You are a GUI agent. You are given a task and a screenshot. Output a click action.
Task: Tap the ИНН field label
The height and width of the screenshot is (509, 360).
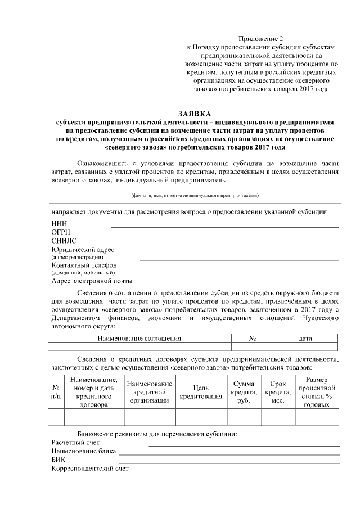pyautogui.click(x=59, y=223)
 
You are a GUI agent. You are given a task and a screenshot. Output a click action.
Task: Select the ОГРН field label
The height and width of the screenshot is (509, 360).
pyautogui.click(x=61, y=232)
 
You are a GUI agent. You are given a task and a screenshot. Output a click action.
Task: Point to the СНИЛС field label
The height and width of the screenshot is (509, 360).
pyautogui.click(x=64, y=240)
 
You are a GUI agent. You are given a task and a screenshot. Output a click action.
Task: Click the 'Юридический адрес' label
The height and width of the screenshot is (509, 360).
pyautogui.click(x=83, y=249)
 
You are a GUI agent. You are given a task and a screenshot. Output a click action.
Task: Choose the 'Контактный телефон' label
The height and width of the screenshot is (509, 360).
pyautogui.click(x=84, y=265)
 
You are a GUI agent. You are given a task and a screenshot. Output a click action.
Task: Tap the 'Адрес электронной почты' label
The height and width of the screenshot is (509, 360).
pyautogui.click(x=92, y=281)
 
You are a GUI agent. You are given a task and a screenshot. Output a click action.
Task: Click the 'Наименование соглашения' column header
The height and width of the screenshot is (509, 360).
pyautogui.click(x=139, y=339)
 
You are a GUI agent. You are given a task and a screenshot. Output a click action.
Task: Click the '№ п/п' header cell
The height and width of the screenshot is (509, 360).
pyautogui.click(x=56, y=392)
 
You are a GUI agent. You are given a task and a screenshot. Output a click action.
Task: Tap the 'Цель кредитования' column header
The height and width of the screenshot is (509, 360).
pyautogui.click(x=200, y=392)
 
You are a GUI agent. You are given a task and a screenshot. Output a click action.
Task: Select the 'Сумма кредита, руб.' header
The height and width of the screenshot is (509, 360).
pyautogui.click(x=244, y=392)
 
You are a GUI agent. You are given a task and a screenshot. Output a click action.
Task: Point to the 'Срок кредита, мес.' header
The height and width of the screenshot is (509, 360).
pyautogui.click(x=278, y=392)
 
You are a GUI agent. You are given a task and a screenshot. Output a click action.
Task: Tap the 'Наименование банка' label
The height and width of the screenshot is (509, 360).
pyautogui.click(x=84, y=451)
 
